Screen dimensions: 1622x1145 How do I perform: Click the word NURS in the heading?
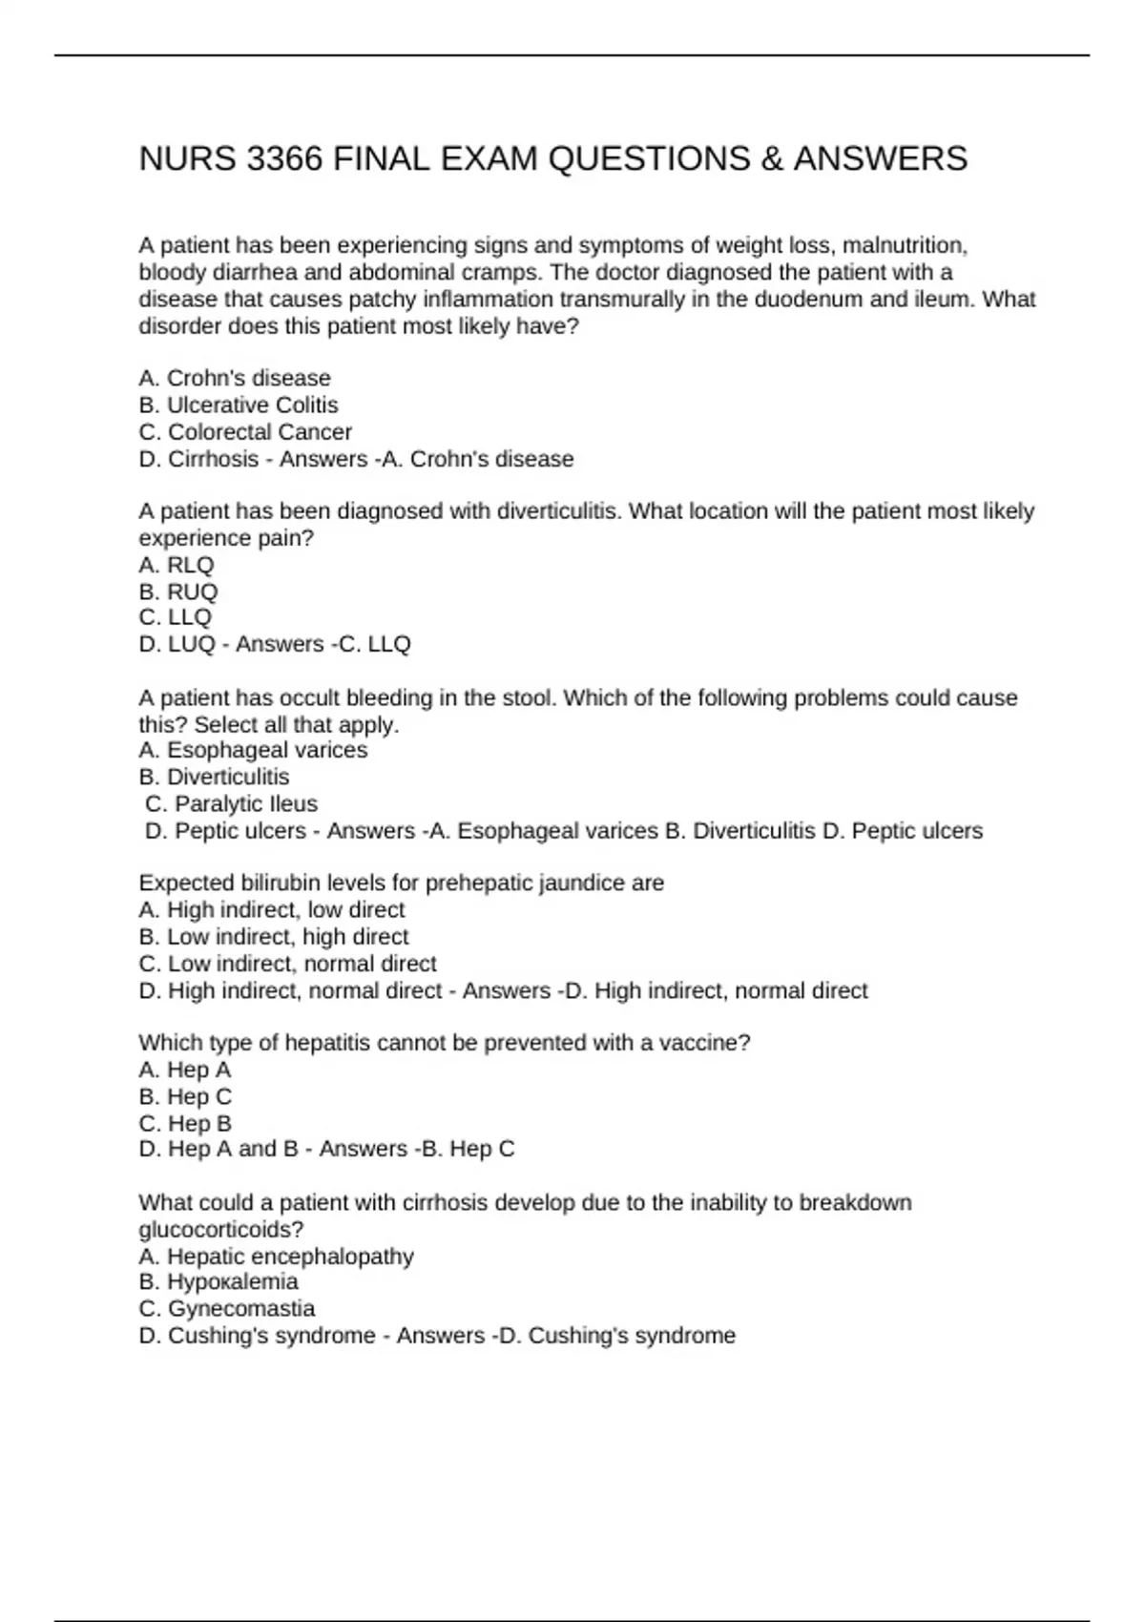tap(188, 158)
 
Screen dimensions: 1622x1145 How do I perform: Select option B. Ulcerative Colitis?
tap(239, 405)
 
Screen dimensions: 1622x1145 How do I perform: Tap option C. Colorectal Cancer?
tap(245, 431)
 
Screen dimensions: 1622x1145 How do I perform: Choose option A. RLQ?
tap(177, 565)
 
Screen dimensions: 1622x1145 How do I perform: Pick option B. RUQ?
tap(178, 592)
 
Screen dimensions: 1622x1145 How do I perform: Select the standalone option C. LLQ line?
tap(176, 617)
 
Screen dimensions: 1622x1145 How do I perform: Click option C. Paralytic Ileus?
tap(231, 803)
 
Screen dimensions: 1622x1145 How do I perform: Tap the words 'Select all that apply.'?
tap(297, 724)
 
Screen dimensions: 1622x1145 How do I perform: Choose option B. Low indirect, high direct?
tap(274, 936)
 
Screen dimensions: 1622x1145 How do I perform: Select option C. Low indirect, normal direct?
tap(287, 964)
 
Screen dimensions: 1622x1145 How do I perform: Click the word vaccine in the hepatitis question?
tap(704, 1043)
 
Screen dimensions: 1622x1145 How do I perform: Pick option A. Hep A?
tap(185, 1070)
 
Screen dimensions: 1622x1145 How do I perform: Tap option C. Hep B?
tap(185, 1123)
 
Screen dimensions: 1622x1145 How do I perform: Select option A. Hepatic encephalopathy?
tap(277, 1256)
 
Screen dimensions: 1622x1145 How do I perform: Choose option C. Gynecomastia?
tap(227, 1308)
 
